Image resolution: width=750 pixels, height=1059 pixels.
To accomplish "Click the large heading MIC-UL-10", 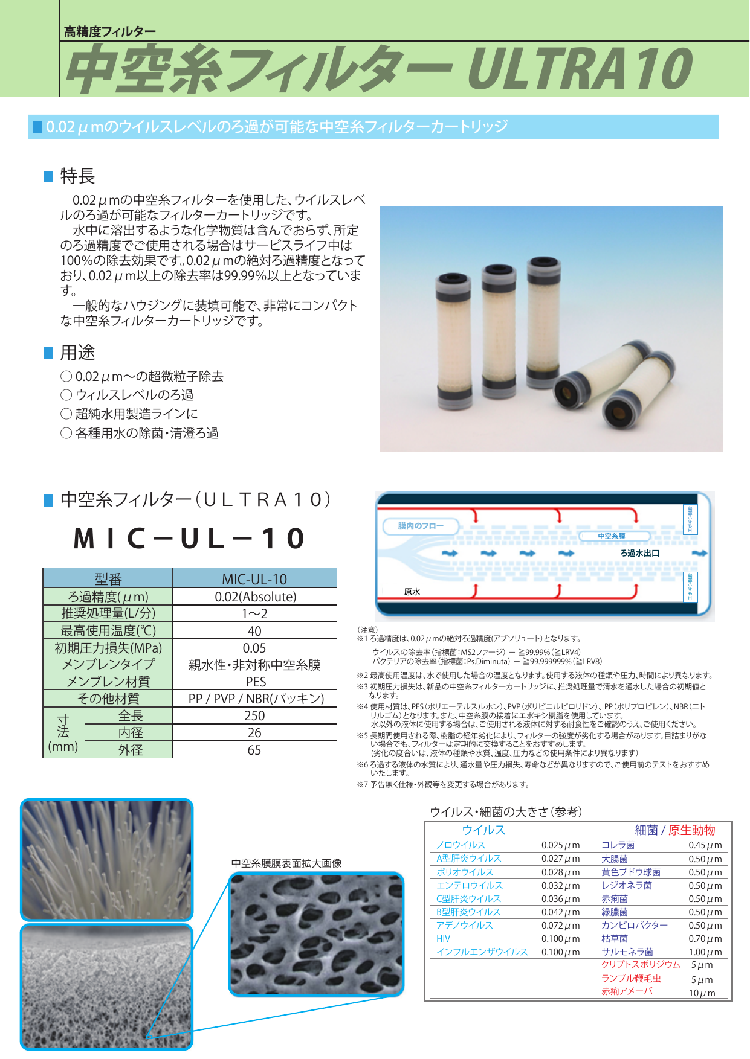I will click(190, 538).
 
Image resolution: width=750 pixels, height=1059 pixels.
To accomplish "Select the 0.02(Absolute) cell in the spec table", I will click(255, 597).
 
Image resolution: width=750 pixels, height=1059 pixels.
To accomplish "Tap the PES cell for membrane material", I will click(255, 682).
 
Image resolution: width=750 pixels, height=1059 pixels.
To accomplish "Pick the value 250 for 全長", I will click(254, 715).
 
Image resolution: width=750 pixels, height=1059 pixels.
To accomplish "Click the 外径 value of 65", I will click(254, 750).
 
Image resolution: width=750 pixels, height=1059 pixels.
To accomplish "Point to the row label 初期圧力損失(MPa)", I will click(108, 648).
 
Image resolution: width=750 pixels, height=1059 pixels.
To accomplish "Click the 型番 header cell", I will click(108, 579).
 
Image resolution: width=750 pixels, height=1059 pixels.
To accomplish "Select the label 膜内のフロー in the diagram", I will click(420, 526).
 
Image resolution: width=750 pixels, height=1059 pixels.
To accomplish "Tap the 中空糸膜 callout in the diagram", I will click(611, 536).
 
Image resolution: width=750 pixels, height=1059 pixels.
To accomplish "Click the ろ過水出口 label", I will click(639, 553).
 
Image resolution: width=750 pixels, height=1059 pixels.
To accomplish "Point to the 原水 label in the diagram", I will click(412, 592).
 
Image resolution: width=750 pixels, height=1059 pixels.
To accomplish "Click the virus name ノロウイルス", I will click(461, 845).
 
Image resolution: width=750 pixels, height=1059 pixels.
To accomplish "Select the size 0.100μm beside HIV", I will click(560, 939).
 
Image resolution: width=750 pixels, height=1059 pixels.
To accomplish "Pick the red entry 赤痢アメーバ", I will click(627, 991).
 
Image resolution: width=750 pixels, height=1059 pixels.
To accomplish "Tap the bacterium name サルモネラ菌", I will click(627, 952).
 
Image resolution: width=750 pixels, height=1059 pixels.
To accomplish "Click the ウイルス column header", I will click(483, 830).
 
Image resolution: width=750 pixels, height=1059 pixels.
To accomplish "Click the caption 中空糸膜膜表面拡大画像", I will click(286, 863).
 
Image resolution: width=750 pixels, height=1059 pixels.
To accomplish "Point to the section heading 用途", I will click(77, 353).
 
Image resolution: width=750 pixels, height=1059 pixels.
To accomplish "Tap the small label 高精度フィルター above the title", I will click(109, 32).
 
